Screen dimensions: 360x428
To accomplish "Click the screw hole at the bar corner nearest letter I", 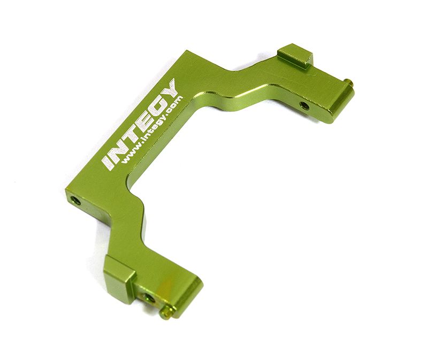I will [x=77, y=201].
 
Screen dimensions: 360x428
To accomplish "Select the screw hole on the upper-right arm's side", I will [x=304, y=105].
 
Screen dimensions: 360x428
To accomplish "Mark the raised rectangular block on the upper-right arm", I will [x=295, y=56].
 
